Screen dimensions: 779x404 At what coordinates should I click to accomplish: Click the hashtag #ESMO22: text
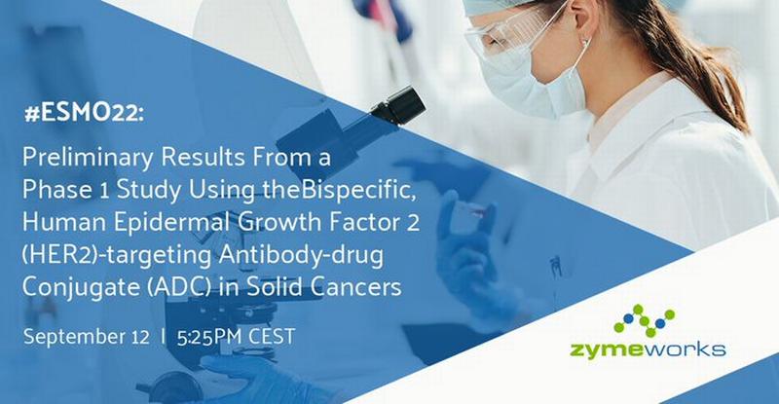tap(84, 114)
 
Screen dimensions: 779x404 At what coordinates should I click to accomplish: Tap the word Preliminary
tap(88, 159)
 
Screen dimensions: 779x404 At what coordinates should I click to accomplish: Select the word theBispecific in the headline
tap(339, 192)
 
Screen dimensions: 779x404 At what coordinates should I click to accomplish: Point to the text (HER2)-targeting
tap(117, 256)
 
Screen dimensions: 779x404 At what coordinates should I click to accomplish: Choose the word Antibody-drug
tap(302, 256)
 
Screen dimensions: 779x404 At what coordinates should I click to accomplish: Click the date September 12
tap(86, 338)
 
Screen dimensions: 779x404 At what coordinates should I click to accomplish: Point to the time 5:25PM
tap(209, 337)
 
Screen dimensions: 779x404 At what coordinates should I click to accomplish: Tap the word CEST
tap(272, 337)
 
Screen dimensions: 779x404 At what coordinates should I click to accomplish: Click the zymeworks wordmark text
tap(648, 349)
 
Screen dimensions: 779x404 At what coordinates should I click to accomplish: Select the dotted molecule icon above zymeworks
tap(645, 320)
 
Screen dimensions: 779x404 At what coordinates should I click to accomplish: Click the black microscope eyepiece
tap(398, 105)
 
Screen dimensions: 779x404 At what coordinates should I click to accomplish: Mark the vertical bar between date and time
tap(163, 337)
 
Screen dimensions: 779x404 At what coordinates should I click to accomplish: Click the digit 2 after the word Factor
tap(413, 224)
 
